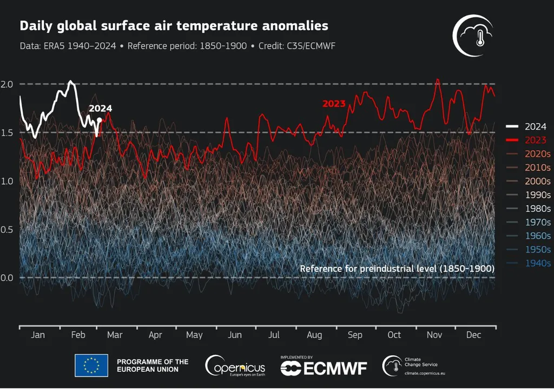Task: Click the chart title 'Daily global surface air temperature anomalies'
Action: click(x=174, y=26)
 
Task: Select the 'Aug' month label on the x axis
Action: click(x=314, y=335)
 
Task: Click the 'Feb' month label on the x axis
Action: click(x=78, y=335)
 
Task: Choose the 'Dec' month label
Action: click(x=473, y=335)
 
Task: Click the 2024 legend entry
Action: click(x=535, y=127)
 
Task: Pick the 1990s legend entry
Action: click(x=538, y=195)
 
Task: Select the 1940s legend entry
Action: click(x=538, y=263)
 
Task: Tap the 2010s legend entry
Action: click(x=538, y=168)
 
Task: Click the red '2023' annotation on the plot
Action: click(x=334, y=104)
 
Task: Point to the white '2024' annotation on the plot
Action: click(x=100, y=109)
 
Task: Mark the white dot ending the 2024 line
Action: click(x=99, y=119)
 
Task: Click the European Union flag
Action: click(x=91, y=366)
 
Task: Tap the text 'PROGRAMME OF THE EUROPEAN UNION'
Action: click(x=153, y=366)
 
